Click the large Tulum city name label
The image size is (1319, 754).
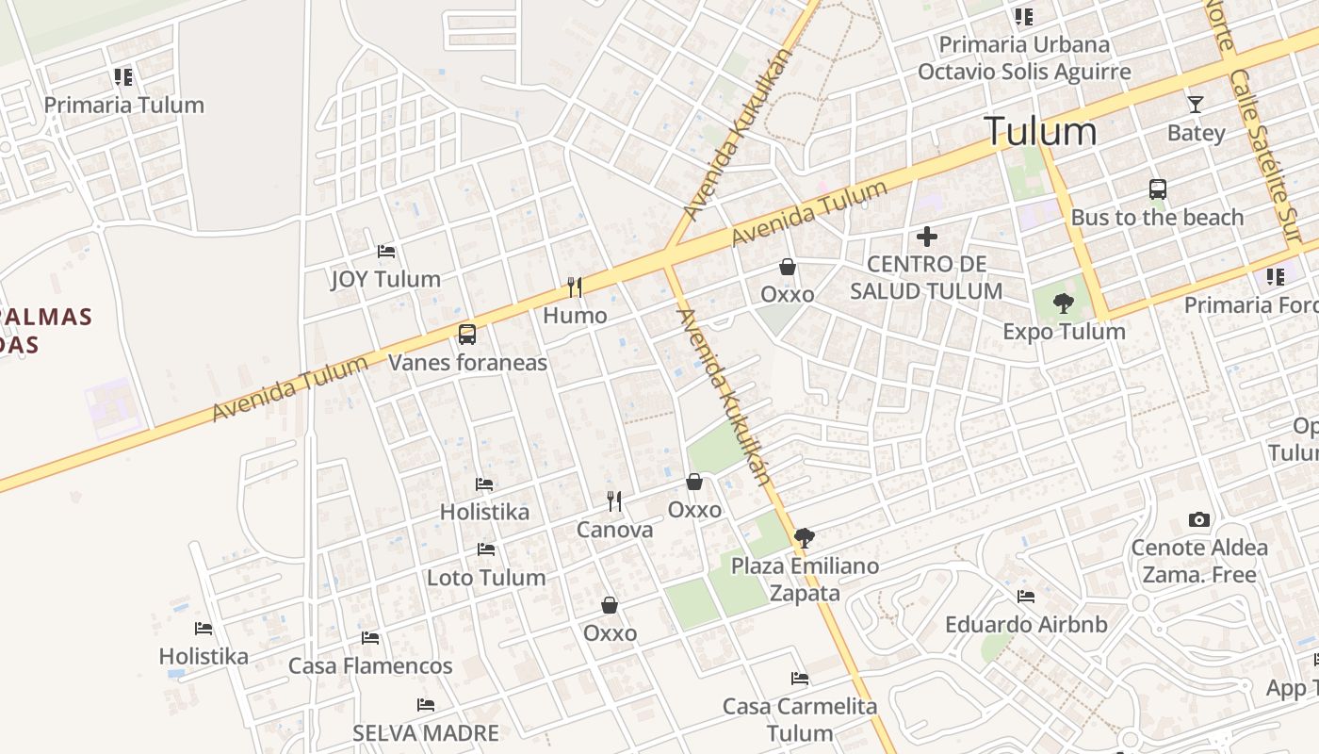pos(1040,131)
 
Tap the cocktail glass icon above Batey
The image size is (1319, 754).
pos(1196,105)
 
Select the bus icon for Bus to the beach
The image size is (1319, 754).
pos(1158,189)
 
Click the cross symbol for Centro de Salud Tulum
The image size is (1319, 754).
pos(927,237)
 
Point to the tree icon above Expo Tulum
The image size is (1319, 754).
pos(1064,303)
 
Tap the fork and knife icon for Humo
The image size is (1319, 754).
pos(575,287)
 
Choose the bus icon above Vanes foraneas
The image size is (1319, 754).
pos(467,335)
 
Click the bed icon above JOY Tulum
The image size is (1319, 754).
pos(386,252)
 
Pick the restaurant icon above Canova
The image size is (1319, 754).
pos(614,501)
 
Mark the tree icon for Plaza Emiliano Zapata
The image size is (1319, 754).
pos(804,538)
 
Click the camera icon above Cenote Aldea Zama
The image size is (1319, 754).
pos(1198,519)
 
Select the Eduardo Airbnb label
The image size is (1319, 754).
pos(1026,624)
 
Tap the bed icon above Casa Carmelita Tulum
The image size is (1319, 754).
pos(800,679)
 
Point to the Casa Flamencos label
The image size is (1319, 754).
pos(370,665)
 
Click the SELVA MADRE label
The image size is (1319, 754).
pos(426,732)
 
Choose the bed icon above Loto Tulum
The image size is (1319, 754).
pos(486,549)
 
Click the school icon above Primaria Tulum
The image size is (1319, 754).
pos(123,77)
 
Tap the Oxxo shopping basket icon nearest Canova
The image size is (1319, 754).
pos(694,483)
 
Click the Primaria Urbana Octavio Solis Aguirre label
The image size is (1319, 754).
pos(1024,57)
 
